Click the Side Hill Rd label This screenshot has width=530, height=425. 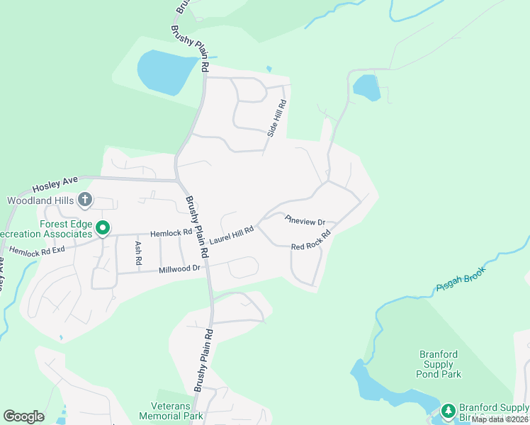coord(276,118)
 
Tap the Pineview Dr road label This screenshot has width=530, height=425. coord(305,221)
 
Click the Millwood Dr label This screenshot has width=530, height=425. coord(181,268)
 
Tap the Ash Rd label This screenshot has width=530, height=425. coord(139,254)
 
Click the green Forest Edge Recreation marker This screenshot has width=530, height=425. coord(103,228)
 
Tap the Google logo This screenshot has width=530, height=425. coord(23,416)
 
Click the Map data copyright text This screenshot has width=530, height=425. coord(500,419)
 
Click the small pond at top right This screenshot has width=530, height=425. coord(367,88)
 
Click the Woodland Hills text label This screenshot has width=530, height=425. coord(40,200)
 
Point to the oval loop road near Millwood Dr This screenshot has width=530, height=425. coord(242,268)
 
